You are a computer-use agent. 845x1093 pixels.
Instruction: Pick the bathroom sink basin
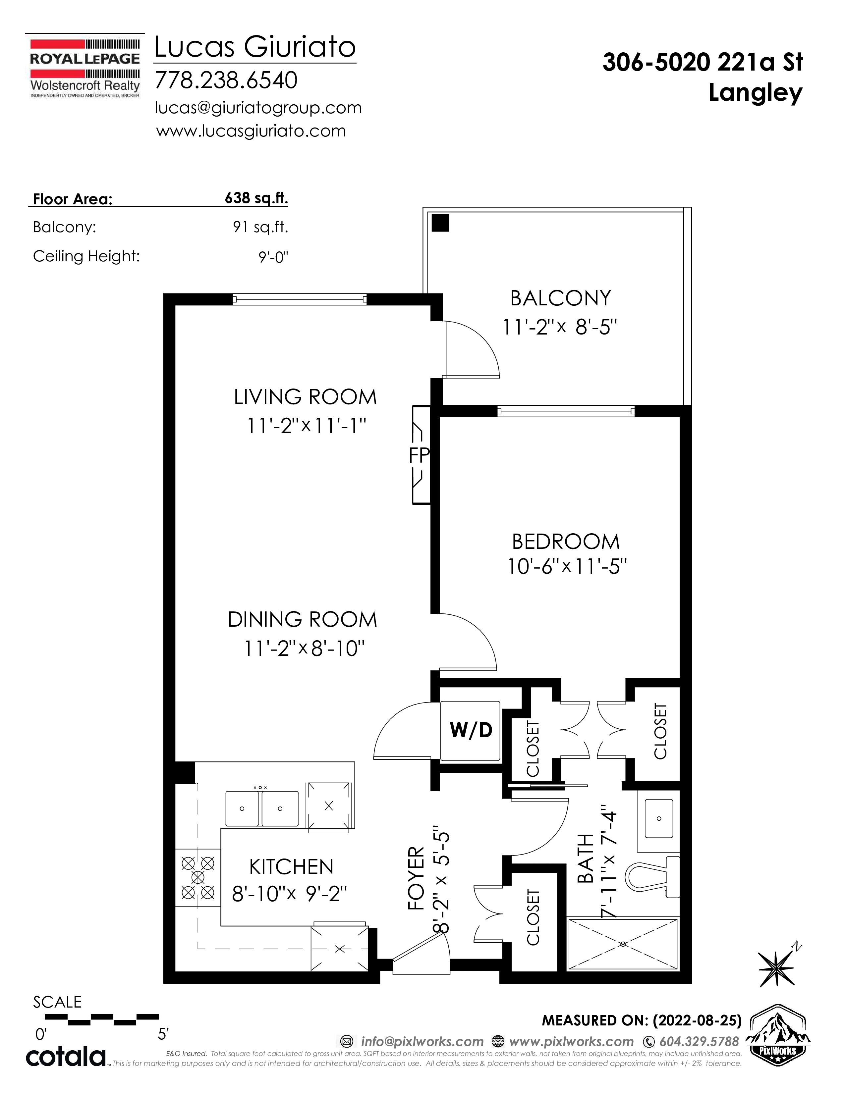[x=659, y=818]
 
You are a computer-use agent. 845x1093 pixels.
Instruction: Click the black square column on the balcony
[x=440, y=223]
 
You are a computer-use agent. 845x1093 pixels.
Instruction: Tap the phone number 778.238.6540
[x=226, y=80]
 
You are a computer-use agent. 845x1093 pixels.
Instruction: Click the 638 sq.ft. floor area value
[x=256, y=198]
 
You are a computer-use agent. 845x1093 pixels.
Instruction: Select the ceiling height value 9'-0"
[x=273, y=257]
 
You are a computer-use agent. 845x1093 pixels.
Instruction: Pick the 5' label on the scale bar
[x=163, y=1033]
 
